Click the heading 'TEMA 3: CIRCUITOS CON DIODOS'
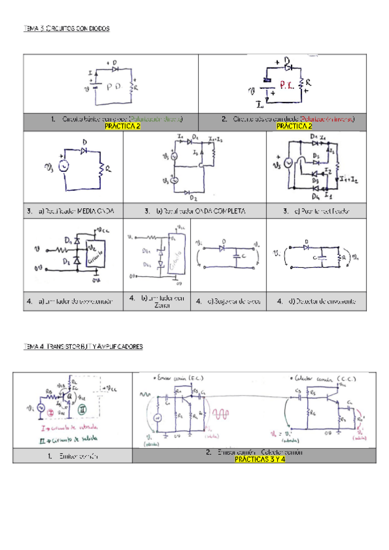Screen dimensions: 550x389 67,29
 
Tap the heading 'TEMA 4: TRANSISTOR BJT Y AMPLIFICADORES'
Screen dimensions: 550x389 83,347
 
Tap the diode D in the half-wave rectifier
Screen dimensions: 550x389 83,150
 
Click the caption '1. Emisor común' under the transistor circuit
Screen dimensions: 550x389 71,456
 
